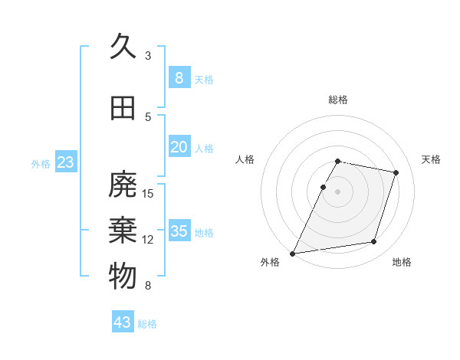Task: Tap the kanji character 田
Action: tap(123, 109)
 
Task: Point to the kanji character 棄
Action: tap(123, 231)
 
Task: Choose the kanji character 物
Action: tap(123, 277)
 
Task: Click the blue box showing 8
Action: tap(179, 77)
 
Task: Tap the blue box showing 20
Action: tap(179, 147)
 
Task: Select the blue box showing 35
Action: tap(179, 231)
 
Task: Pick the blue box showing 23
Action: tap(65, 162)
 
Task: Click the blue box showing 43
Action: tap(123, 322)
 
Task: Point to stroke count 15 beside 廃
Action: tap(148, 193)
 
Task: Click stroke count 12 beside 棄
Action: tap(148, 240)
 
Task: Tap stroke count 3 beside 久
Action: tap(148, 55)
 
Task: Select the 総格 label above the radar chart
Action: tap(338, 100)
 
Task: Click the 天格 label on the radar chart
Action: tap(432, 159)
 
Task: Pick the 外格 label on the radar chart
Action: tap(270, 263)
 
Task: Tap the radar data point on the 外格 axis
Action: tap(293, 253)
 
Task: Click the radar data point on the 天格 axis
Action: tap(396, 172)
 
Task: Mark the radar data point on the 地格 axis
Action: tap(374, 242)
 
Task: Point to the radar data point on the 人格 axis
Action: tap(323, 187)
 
